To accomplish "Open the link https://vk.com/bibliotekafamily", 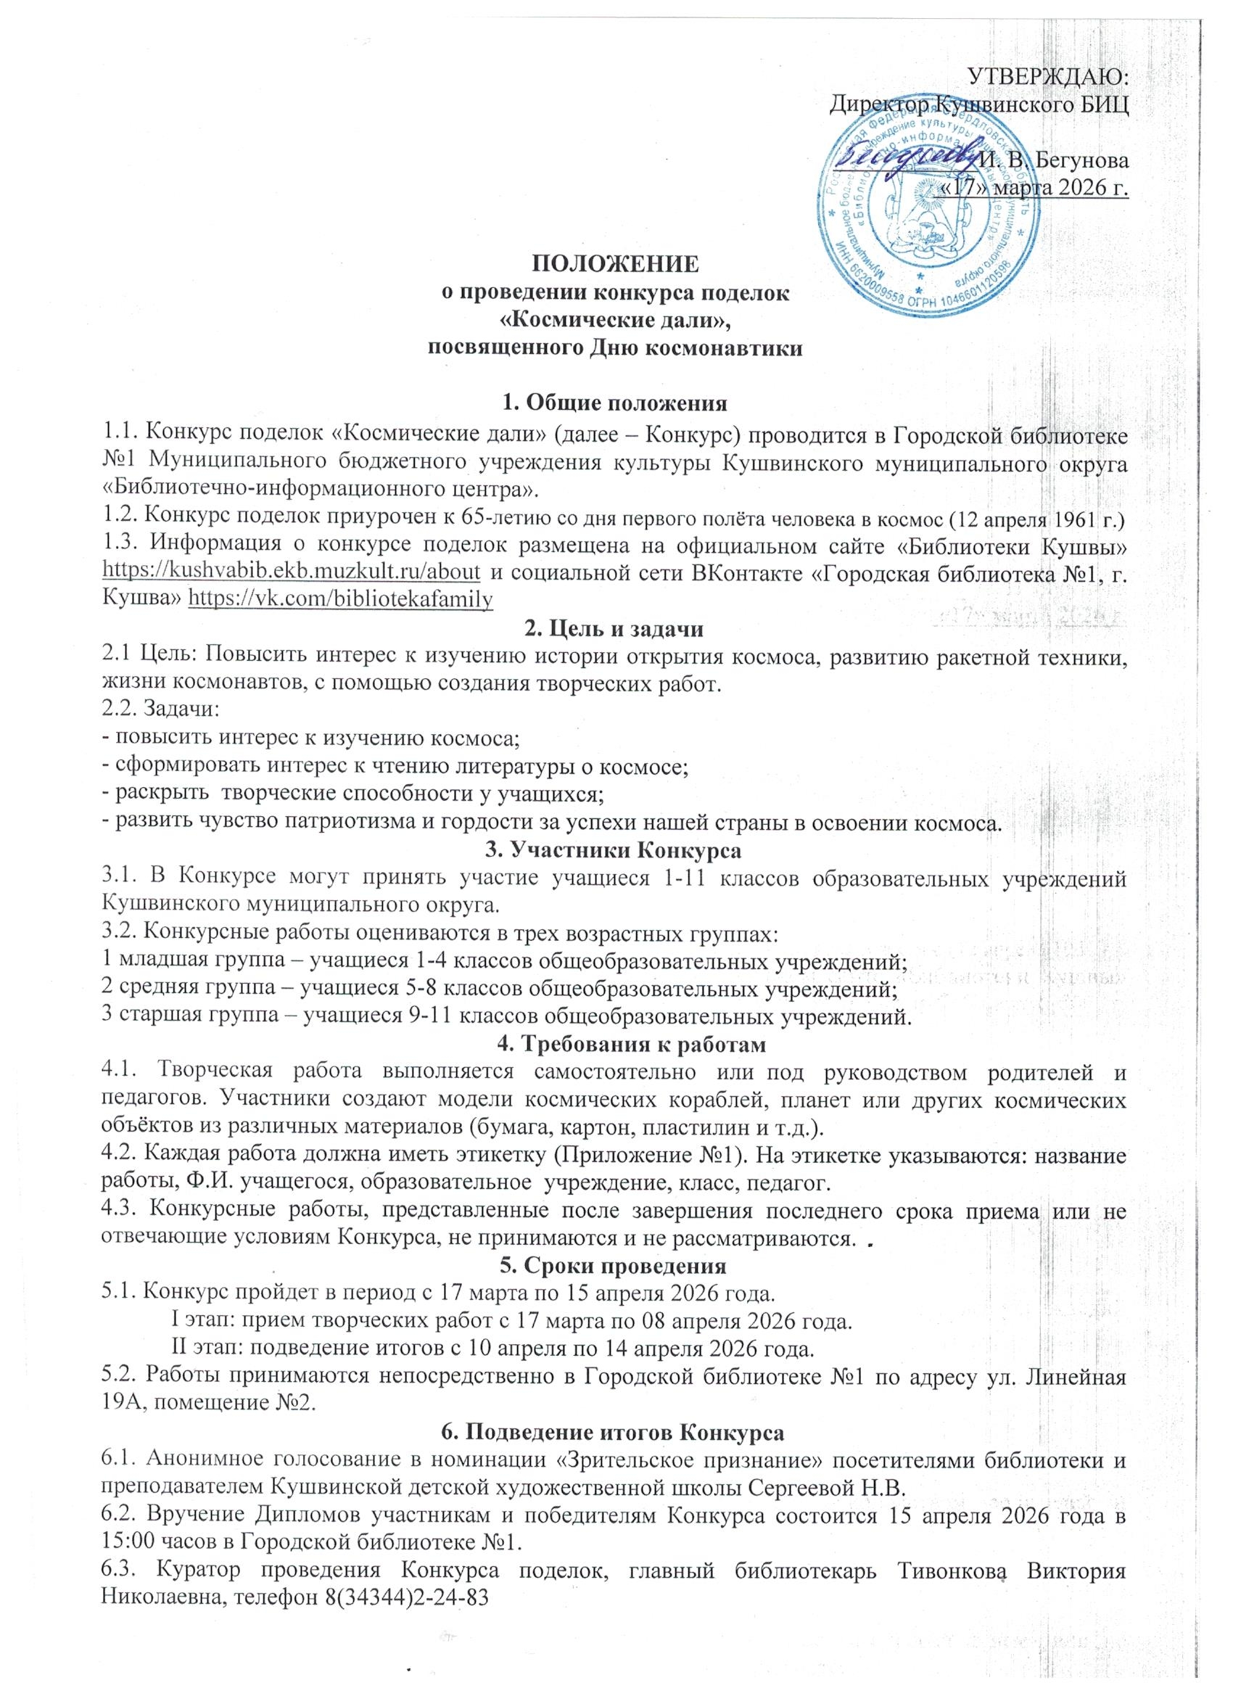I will [342, 599].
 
